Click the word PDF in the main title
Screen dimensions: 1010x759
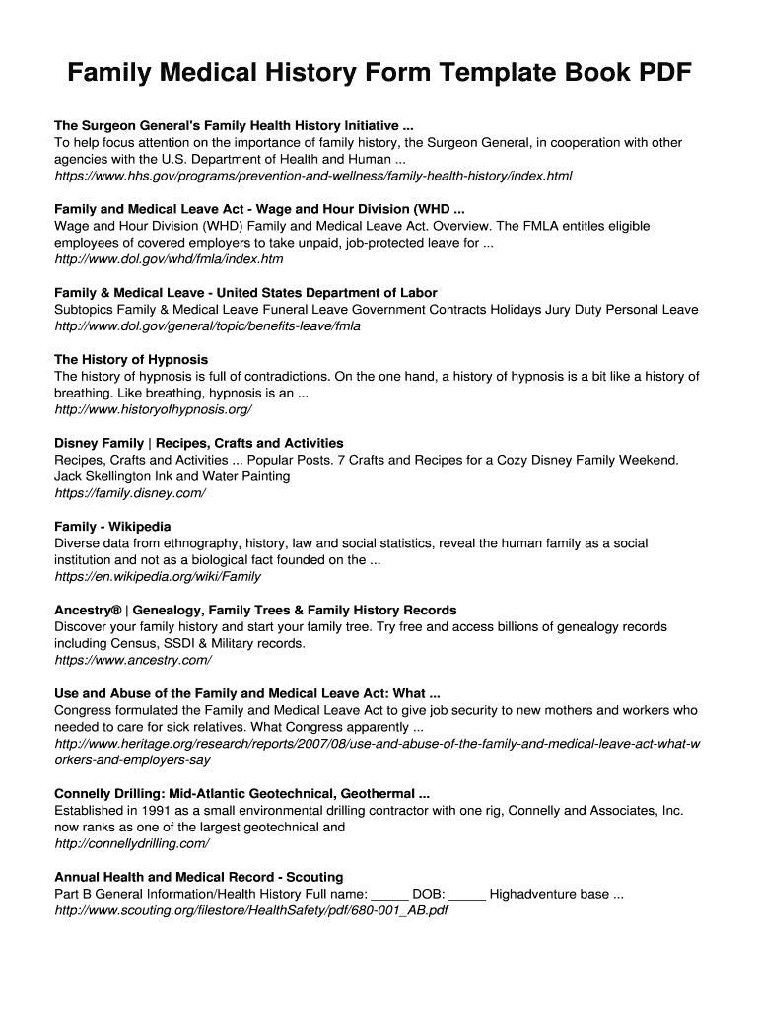[x=655, y=74]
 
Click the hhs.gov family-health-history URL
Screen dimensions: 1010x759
[x=312, y=176]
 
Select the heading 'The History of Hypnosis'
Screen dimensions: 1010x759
[x=131, y=359]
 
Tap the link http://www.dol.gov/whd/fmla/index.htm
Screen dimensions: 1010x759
[x=169, y=259]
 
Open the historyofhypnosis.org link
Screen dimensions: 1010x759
[x=153, y=409]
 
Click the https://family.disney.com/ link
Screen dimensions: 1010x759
[x=130, y=493]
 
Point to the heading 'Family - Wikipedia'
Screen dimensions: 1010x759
[x=112, y=527]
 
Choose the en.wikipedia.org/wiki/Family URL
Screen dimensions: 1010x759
[x=158, y=577]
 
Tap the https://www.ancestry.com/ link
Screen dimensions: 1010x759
[x=133, y=660]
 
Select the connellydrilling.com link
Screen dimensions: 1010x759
[x=132, y=844]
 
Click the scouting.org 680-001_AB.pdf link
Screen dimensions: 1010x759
[x=251, y=911]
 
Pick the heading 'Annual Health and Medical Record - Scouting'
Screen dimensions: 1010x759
[x=199, y=877]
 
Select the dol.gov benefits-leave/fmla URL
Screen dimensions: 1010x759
[x=208, y=326]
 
